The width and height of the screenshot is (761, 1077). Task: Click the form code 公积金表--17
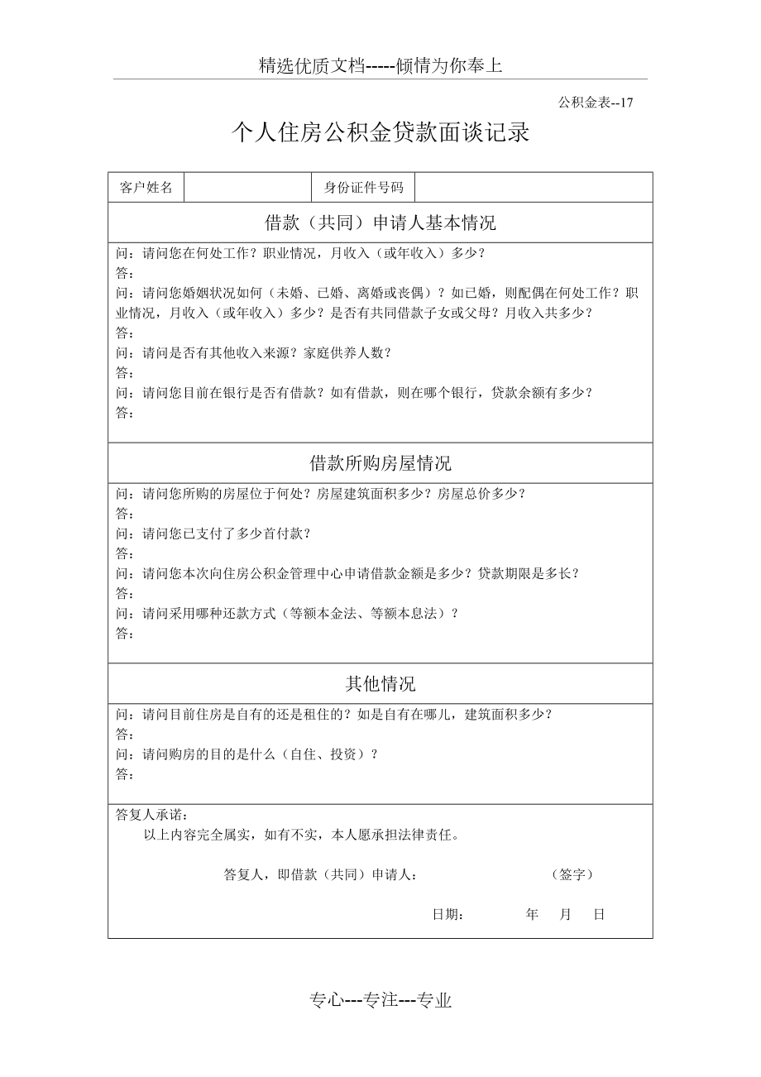tap(596, 103)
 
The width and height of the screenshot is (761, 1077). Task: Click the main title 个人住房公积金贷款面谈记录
tap(380, 133)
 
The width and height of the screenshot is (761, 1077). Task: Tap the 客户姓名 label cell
tap(146, 187)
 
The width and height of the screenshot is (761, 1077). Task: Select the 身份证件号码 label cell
tap(363, 187)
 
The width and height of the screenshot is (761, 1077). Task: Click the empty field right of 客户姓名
tap(248, 187)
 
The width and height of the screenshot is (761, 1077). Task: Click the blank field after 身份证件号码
tap(533, 187)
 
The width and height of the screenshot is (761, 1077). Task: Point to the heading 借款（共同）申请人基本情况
tap(380, 223)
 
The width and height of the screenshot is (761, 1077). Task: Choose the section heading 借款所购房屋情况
tap(380, 463)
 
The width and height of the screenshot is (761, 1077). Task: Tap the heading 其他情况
tap(380, 684)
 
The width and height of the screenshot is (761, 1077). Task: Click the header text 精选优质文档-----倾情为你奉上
tap(380, 66)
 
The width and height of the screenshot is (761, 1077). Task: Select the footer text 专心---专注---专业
tap(380, 1001)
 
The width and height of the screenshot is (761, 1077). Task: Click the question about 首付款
tap(213, 534)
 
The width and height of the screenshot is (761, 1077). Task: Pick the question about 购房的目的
tap(247, 754)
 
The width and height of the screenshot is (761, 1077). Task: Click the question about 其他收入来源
tap(253, 352)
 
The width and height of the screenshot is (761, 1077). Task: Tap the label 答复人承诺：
tap(152, 816)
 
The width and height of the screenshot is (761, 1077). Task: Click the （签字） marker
tap(572, 874)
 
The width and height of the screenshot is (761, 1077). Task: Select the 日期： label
tap(448, 915)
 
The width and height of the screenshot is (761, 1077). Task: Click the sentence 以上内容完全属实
tap(301, 835)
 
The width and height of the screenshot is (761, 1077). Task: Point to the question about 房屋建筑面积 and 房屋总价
tap(321, 494)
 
